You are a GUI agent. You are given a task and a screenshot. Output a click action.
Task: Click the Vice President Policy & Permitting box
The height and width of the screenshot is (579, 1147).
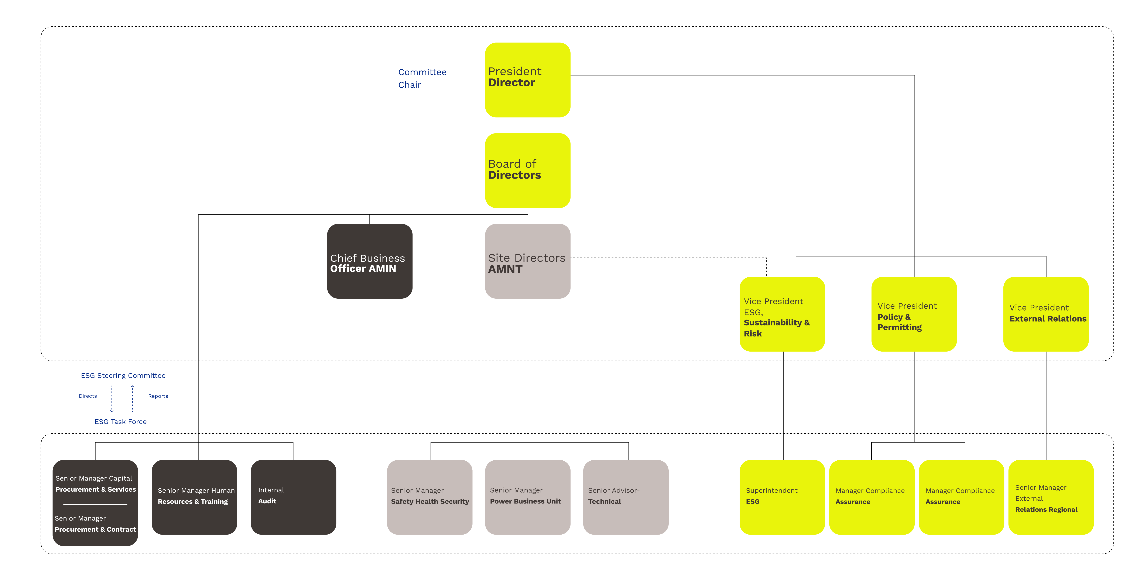[x=914, y=314]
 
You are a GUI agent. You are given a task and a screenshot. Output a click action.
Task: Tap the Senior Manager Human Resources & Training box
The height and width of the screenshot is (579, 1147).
[x=194, y=497]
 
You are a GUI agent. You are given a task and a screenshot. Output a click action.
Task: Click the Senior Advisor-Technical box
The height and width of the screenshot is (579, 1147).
[x=626, y=497]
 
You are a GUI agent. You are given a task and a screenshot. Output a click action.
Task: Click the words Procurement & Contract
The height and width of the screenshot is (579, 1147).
[x=95, y=529]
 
